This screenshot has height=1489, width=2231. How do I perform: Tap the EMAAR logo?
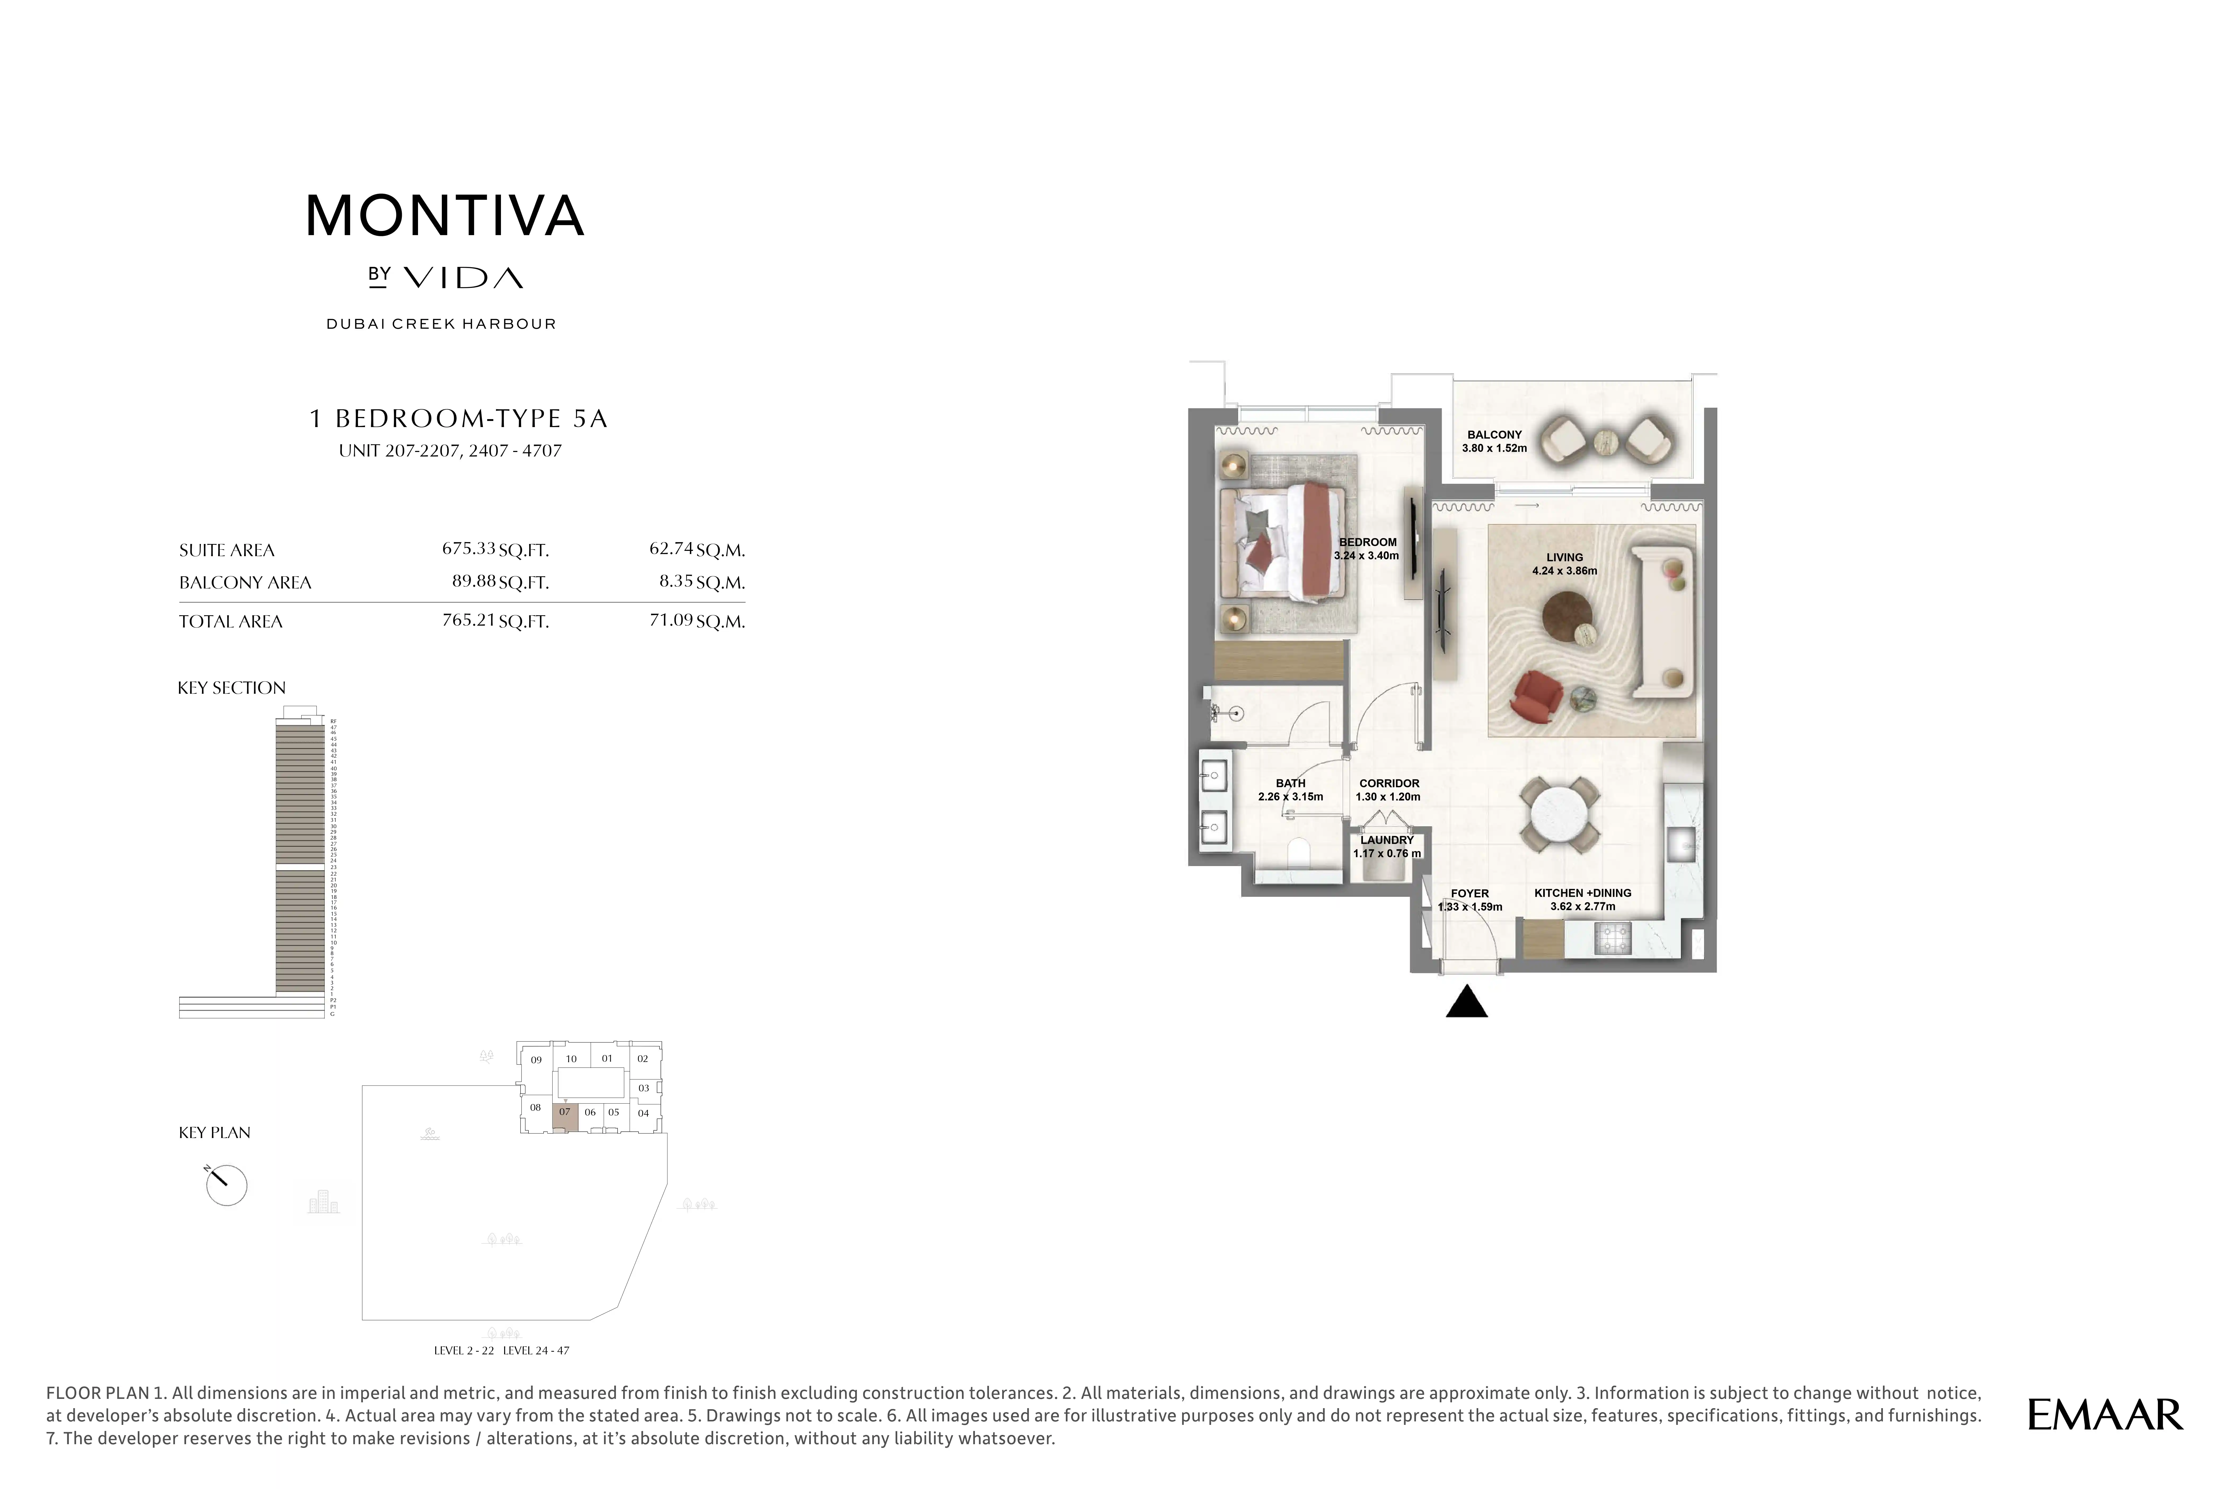(x=2105, y=1415)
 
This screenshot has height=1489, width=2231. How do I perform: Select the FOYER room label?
(x=1469, y=894)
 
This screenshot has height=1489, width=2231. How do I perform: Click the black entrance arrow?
(x=1467, y=1003)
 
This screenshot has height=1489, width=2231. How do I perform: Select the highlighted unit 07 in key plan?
(x=565, y=1116)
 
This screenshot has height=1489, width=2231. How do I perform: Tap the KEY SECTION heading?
(x=232, y=688)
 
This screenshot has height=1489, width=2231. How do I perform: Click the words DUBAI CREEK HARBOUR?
(x=441, y=324)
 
